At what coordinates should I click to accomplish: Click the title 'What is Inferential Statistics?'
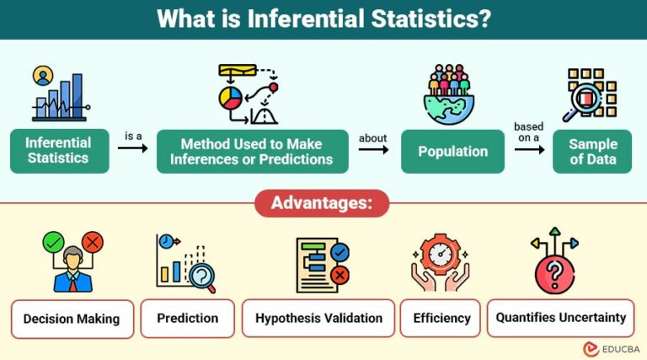click(x=323, y=19)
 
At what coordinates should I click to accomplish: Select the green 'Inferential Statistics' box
click(x=59, y=151)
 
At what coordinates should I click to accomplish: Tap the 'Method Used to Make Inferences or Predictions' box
click(x=253, y=151)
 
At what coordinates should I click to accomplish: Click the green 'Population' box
click(x=453, y=152)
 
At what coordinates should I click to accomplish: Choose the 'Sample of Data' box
click(x=592, y=152)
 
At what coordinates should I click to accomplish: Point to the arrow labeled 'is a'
click(x=133, y=148)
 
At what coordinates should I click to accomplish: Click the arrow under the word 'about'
click(x=373, y=149)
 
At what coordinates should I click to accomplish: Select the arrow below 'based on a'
click(x=528, y=149)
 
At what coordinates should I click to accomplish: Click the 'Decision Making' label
click(x=72, y=319)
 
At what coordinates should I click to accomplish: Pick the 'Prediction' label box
click(x=187, y=318)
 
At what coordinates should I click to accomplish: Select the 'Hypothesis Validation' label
click(x=318, y=318)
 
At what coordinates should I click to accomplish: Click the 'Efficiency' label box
click(x=441, y=318)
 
